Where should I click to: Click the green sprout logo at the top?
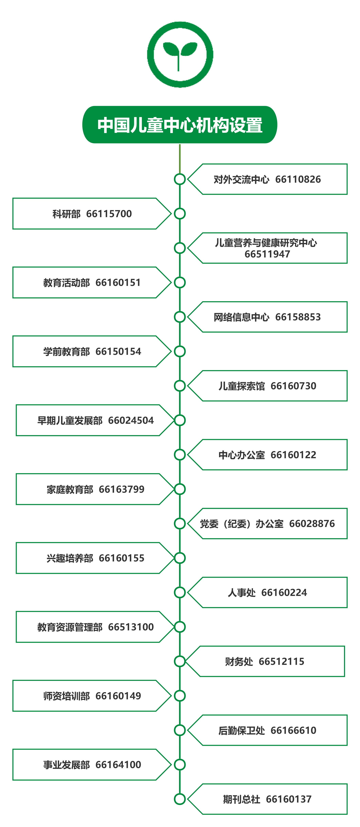tap(180, 55)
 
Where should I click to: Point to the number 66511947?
tap(267, 254)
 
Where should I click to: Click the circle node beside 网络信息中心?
tap(180, 317)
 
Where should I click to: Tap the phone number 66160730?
tap(293, 386)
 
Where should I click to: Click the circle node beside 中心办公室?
tap(180, 455)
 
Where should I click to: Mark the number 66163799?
tap(122, 489)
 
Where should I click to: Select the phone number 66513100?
tap(131, 627)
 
